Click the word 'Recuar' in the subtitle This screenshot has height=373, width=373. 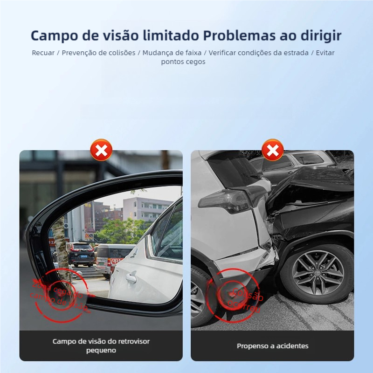tap(43, 53)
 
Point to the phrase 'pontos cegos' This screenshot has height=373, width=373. tap(183, 62)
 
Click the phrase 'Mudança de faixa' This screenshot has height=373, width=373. tap(172, 53)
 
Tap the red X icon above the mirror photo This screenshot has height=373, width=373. tap(101, 150)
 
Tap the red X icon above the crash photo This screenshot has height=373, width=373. tap(273, 150)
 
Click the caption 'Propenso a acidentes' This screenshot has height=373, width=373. tap(272, 346)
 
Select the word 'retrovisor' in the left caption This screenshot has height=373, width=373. tap(133, 341)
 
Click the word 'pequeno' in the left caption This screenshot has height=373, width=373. tap(101, 350)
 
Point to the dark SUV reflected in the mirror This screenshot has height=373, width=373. tap(81, 254)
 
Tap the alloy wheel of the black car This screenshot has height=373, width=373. tap(318, 273)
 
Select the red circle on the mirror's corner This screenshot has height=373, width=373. tap(60, 295)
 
